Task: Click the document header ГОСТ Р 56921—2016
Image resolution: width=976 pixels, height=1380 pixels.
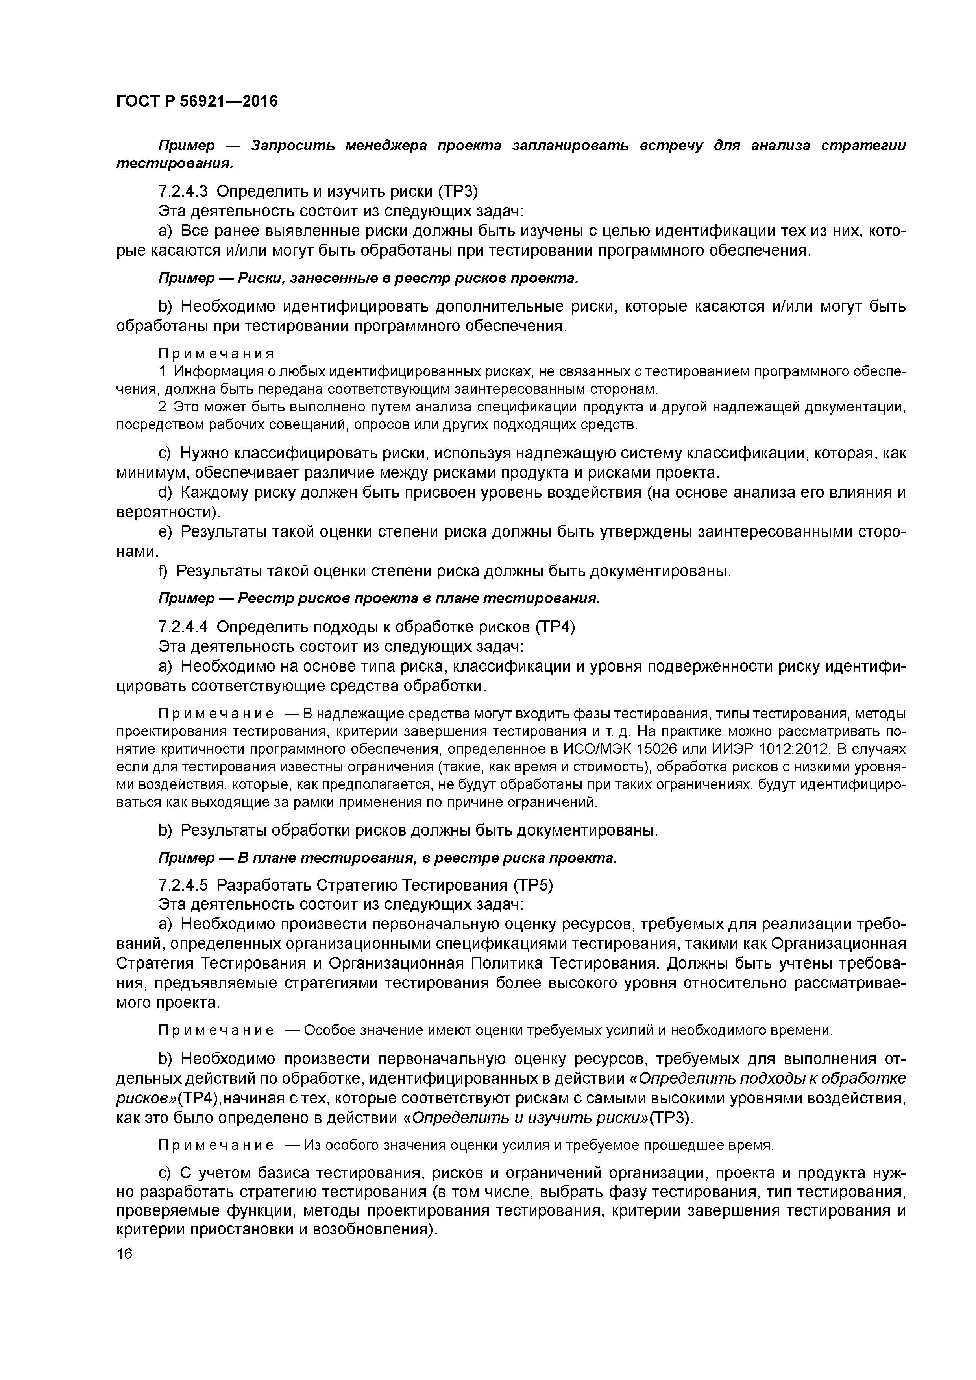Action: pyautogui.click(x=197, y=101)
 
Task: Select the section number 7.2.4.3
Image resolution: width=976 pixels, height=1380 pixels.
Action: pyautogui.click(x=183, y=191)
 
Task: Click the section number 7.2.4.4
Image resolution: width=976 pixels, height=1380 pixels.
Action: pyautogui.click(x=183, y=627)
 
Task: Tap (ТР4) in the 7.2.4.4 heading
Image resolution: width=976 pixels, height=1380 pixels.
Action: pyautogui.click(x=555, y=627)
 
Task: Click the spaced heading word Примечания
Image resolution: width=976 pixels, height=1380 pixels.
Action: pyautogui.click(x=216, y=353)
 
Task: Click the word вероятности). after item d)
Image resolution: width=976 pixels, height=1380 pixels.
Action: pyautogui.click(x=168, y=512)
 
